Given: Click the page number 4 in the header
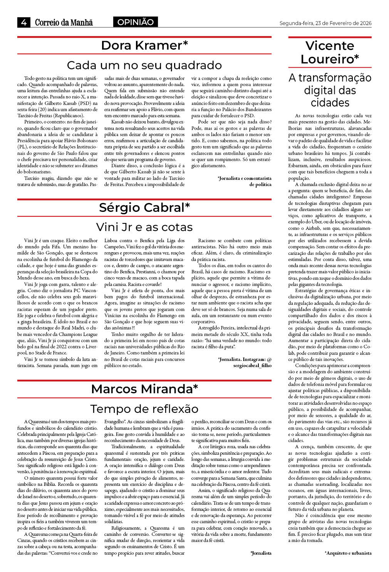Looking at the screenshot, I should point(23,23).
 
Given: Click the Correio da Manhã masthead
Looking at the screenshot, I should point(64,23).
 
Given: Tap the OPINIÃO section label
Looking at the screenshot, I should point(135,22).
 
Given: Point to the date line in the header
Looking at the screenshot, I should point(325,23).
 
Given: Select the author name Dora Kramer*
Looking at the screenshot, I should point(144,45).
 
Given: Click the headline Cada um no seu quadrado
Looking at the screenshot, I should point(144,65).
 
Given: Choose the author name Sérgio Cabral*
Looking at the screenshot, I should point(144,208).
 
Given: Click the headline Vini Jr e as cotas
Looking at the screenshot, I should point(144,227).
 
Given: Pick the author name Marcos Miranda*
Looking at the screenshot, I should point(144,389).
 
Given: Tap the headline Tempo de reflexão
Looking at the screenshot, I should point(144,408).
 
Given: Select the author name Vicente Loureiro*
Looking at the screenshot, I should point(330,52).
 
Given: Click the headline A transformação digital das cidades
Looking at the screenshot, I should point(330,90).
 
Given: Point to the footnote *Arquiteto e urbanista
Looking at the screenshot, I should point(348,553).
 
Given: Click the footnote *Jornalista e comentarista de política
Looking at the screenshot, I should point(245,181).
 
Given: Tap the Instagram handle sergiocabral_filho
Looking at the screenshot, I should point(252,366).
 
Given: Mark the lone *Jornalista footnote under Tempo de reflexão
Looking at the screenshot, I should point(261,553).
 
